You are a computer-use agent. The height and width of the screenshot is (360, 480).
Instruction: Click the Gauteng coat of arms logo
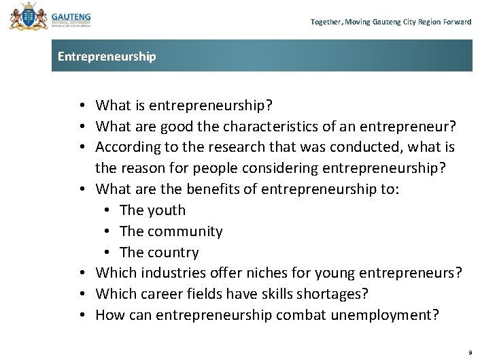point(25,16)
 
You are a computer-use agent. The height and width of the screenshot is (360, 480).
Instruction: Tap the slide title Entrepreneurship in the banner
point(107,56)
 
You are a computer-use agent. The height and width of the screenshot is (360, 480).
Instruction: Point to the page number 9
point(469,353)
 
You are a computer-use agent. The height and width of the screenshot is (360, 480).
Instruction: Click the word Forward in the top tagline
point(456,22)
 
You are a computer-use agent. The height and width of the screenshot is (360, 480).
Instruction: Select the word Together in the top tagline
point(325,22)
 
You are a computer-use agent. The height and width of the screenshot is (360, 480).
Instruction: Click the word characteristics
point(282,126)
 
